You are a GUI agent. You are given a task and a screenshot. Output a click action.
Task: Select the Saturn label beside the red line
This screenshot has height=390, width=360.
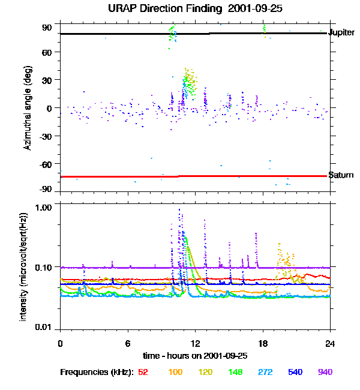tap(340, 175)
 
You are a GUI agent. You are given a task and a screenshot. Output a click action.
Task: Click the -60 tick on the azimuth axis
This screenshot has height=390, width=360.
tap(46, 163)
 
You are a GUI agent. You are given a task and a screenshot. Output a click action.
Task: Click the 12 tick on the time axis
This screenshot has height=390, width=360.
tap(195, 343)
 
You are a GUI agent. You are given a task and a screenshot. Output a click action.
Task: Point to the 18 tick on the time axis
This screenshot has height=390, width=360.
tap(263, 343)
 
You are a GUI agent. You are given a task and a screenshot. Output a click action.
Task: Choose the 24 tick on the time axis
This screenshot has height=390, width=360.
tap(330, 343)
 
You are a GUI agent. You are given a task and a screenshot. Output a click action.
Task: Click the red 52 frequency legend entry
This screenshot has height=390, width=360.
tap(143, 372)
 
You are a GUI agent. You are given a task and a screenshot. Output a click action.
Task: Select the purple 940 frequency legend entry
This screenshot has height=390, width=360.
tap(325, 372)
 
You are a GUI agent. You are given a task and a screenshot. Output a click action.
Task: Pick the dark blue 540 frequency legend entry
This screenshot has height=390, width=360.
tap(295, 372)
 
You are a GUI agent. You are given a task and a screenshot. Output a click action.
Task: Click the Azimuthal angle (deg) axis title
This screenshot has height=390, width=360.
tap(28, 108)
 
